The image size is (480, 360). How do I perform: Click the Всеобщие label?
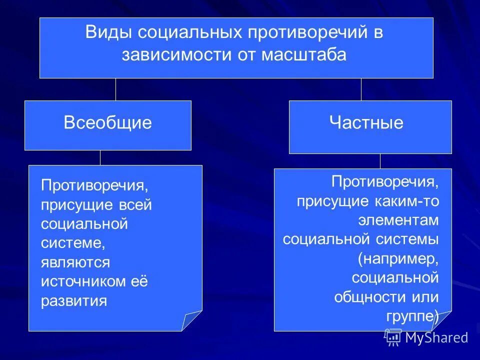click(x=107, y=123)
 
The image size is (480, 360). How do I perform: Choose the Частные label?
click(x=366, y=123)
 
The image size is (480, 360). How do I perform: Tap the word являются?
click(x=75, y=262)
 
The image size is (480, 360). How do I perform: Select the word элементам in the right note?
click(x=398, y=220)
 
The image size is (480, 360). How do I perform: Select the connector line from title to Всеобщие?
click(x=116, y=89)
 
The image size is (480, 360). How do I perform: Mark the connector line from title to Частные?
click(x=361, y=89)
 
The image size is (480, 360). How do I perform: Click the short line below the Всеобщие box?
click(x=100, y=157)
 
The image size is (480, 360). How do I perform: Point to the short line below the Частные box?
click(x=380, y=160)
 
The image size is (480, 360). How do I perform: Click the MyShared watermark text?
click(x=436, y=337)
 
